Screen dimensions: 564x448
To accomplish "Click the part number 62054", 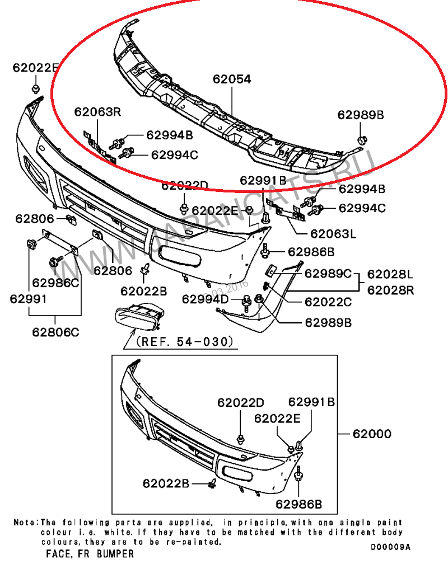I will pos(232,79).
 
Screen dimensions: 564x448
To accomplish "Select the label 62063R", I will pos(97,111).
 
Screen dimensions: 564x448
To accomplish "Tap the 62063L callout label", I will pos(333,234).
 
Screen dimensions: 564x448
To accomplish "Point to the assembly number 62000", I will pos(372,434).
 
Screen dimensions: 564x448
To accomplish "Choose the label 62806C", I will pos(55,332).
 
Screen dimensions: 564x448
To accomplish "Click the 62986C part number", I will pos(55,283).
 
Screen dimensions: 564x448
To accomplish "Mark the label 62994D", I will pos(206,299).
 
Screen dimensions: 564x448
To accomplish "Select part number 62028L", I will pos(390,274).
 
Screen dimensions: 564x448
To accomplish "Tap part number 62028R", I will pos(390,290).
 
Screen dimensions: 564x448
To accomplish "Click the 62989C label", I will pos(328,274).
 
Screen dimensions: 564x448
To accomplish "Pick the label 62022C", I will pos(328,302).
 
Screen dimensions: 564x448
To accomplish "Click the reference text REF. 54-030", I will pos(185,341).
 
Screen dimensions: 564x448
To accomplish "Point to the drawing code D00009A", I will pos(391,547).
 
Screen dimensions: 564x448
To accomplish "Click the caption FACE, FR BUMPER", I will pos(90,553).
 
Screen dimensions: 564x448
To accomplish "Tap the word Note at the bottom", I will pos(25,522).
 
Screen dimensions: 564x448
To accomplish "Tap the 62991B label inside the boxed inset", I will pos(311,402).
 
